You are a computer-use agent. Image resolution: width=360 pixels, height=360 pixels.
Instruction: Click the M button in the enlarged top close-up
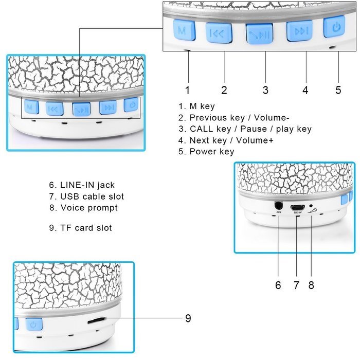184,30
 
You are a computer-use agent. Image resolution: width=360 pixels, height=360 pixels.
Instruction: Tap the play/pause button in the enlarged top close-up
259,33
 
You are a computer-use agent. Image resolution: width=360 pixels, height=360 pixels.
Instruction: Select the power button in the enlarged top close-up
334,26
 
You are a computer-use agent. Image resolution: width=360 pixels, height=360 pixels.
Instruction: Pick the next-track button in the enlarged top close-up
299,31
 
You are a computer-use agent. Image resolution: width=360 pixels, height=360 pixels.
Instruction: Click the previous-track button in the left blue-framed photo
55,109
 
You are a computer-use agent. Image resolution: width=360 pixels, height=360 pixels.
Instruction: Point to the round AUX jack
279,205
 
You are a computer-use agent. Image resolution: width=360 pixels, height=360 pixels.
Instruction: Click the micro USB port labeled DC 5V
298,208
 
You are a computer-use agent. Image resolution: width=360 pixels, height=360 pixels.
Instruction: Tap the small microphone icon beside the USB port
313,211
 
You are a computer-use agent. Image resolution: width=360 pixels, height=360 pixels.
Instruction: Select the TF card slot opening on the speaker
96,321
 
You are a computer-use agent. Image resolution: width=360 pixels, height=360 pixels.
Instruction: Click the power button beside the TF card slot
34,324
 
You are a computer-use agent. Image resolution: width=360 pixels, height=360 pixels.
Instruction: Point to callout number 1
188,90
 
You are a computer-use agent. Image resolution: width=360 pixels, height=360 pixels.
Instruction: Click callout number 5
338,90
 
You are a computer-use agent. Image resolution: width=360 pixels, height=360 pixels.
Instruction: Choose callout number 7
296,285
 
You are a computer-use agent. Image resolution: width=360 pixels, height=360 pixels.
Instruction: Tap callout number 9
188,318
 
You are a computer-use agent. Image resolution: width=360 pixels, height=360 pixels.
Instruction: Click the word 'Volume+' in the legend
255,140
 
